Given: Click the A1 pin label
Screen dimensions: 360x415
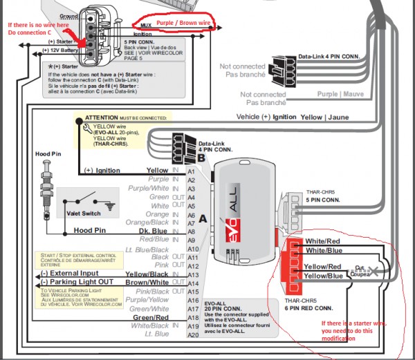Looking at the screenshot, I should (x=192, y=170).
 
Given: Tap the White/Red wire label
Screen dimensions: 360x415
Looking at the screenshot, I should (x=322, y=241).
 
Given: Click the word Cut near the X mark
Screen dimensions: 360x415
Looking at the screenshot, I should (x=359, y=267).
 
